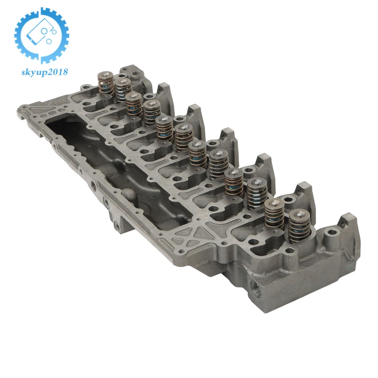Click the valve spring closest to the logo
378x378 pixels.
pyautogui.click(x=106, y=83)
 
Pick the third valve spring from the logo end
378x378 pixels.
pyautogui.click(x=134, y=104)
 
